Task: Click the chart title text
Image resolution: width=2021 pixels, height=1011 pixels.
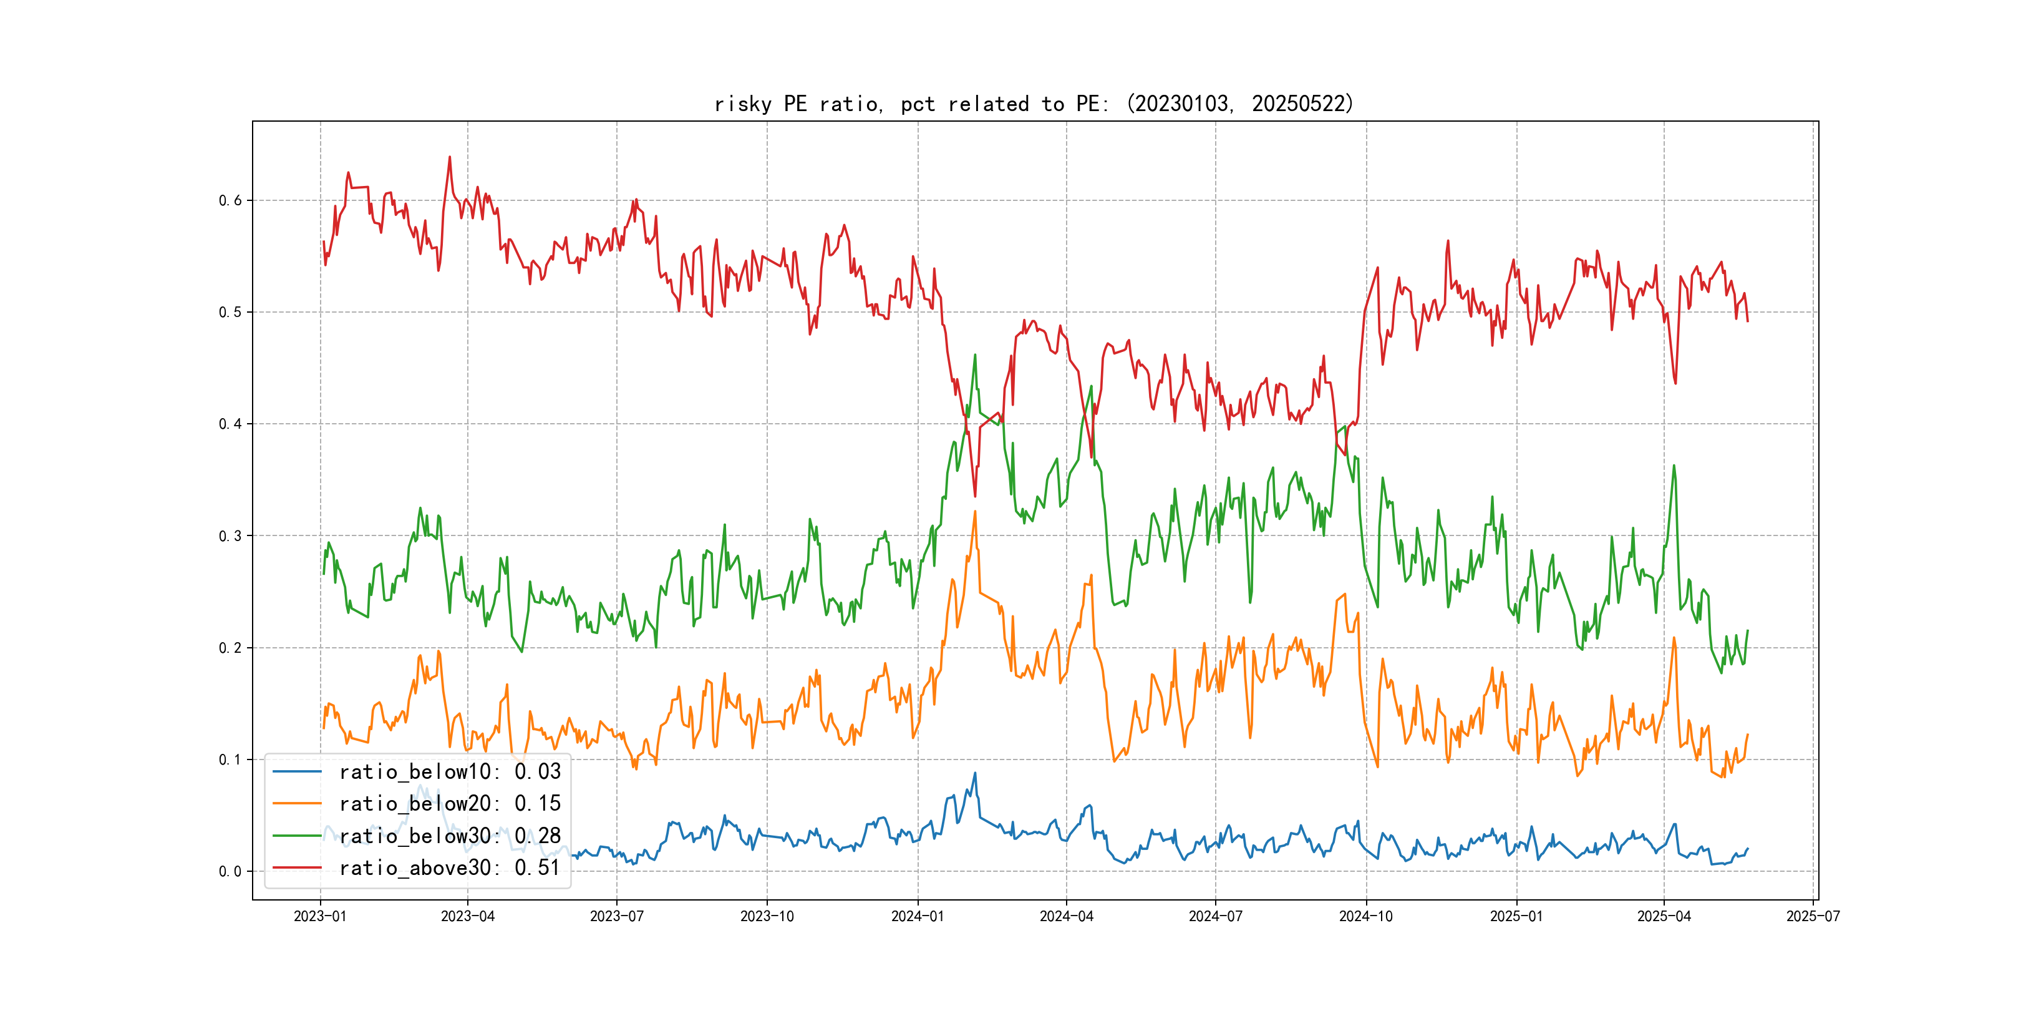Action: click(1034, 104)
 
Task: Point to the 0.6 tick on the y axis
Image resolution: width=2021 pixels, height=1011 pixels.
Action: click(230, 201)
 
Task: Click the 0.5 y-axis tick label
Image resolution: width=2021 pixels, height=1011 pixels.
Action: click(230, 313)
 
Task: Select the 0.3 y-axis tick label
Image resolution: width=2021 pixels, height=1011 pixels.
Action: click(230, 536)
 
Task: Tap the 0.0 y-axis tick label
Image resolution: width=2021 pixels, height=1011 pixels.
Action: click(230, 871)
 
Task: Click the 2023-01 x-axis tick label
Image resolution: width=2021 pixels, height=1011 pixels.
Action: click(320, 917)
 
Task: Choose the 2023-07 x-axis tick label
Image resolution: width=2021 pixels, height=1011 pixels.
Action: click(617, 917)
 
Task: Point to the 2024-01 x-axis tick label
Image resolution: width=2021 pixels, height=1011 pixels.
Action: click(917, 917)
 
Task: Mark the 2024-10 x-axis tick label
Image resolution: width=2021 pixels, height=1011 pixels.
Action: click(1366, 917)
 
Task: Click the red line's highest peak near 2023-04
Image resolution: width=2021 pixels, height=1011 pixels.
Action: click(450, 157)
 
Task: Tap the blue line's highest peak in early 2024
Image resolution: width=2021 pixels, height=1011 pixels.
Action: click(975, 773)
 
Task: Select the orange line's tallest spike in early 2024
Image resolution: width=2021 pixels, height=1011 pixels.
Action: click(975, 512)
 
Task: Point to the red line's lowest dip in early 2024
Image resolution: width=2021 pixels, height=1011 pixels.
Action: click(975, 496)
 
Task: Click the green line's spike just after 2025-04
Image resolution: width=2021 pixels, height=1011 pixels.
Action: click(1674, 466)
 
